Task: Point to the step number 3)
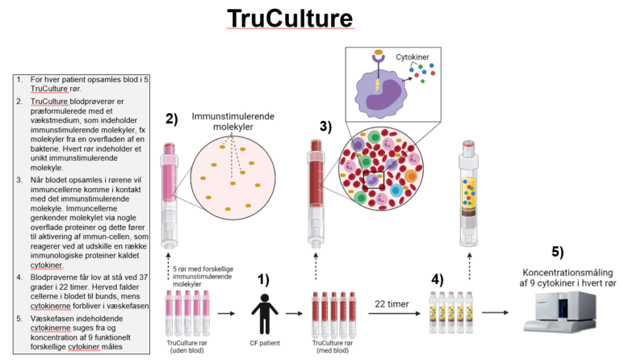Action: point(325,127)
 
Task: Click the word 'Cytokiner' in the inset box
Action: point(418,59)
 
